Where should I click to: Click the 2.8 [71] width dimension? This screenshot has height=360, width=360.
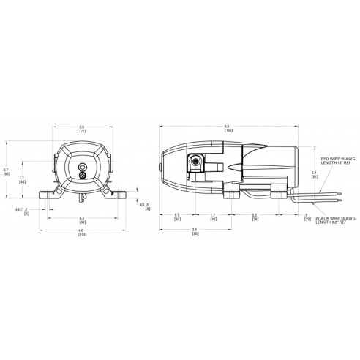pos(81,128)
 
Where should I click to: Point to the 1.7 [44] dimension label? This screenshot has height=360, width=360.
pos(21,179)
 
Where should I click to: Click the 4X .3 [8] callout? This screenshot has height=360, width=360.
pos(143,206)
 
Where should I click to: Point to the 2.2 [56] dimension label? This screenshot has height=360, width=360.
pos(254,218)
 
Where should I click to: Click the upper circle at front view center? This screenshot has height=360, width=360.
pos(81,168)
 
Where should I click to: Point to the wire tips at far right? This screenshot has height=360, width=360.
pos(340,196)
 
